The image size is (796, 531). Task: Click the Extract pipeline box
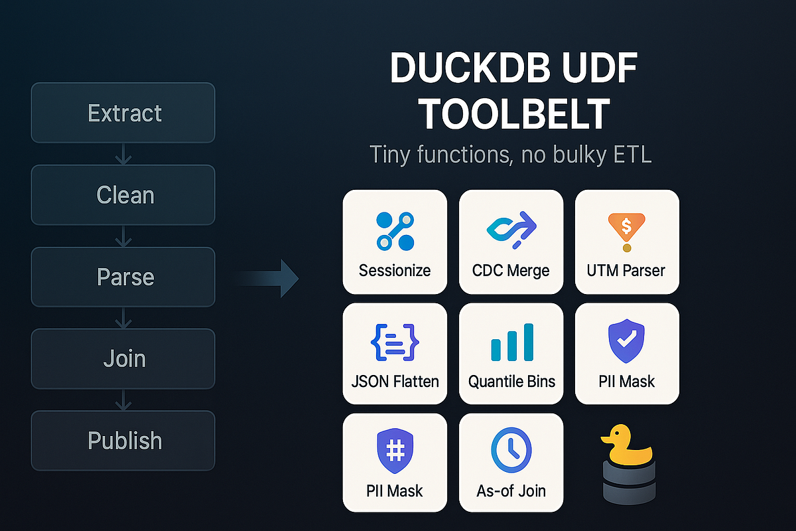coord(123,113)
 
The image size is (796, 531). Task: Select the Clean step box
coord(123,195)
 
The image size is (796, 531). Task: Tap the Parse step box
coord(123,277)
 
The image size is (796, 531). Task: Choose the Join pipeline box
coord(123,358)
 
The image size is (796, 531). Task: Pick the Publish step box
coord(123,440)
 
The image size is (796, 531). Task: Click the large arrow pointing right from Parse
coord(269,278)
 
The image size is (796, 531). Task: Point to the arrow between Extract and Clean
coord(123,155)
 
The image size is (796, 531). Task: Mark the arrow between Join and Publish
coord(123,400)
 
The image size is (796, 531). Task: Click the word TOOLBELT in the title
coord(515,114)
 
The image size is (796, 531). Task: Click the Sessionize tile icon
coord(395,231)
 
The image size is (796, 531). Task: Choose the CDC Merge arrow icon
coord(510,229)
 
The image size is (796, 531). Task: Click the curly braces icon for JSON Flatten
coord(395,343)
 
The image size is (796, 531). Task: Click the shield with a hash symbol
coord(395,451)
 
